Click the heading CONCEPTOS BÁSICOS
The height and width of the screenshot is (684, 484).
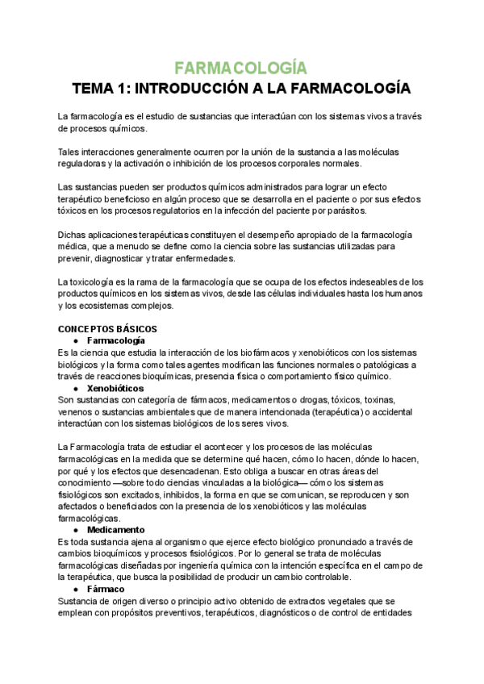point(107,329)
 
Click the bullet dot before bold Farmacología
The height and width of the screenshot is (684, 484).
point(75,341)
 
